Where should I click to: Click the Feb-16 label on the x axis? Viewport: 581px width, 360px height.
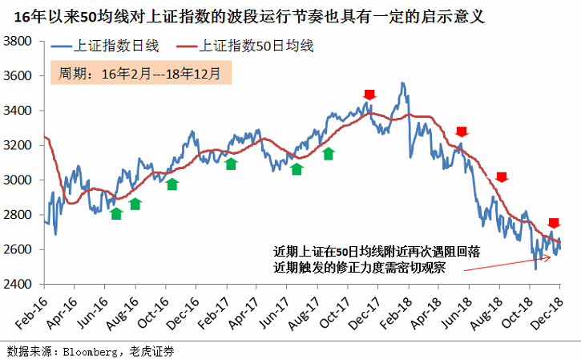pos(33,313)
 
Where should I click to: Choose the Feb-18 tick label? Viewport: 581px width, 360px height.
pos(398,313)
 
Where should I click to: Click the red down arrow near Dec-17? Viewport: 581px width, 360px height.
pos(369,95)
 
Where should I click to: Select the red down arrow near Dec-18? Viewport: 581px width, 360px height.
pos(554,222)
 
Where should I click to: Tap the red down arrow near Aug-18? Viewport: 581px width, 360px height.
pos(502,177)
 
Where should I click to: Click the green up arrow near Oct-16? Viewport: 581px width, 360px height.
pos(172,184)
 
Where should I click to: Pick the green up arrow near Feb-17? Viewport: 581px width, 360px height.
pos(231,164)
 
